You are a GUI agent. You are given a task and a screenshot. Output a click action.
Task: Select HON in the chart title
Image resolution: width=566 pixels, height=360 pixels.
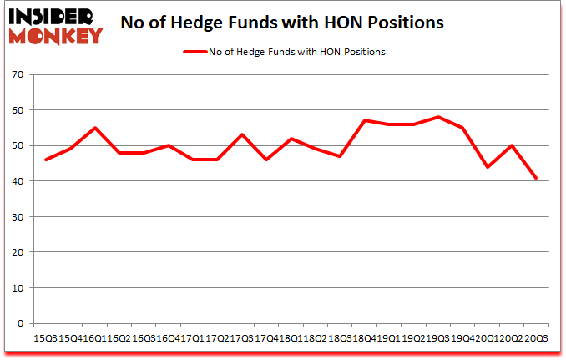(x=345, y=22)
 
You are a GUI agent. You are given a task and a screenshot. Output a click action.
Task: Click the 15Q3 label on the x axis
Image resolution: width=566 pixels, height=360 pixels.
(x=44, y=337)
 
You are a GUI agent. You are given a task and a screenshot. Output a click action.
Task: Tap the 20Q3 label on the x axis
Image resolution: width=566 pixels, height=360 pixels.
(x=537, y=337)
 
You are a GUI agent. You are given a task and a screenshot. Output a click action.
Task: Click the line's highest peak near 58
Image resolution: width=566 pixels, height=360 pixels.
(x=438, y=117)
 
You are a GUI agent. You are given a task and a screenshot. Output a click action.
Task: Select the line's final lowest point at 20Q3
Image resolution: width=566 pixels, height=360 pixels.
(x=537, y=178)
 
